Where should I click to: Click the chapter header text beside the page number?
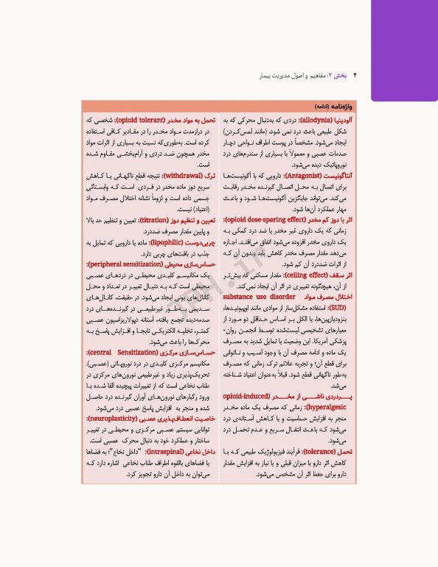tap(310, 75)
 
